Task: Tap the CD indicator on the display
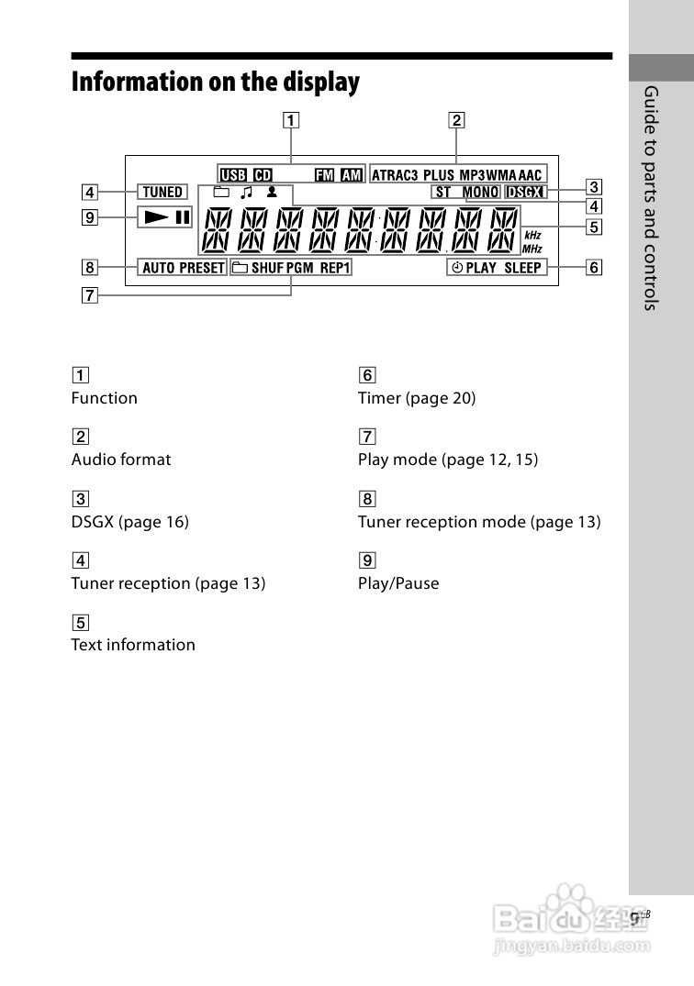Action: [263, 174]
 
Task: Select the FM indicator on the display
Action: [325, 174]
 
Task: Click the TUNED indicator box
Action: [162, 192]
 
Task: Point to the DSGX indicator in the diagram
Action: [526, 193]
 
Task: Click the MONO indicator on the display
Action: [481, 193]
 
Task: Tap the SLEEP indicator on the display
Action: [523, 268]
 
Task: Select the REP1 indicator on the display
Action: [335, 268]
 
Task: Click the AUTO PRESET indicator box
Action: [184, 268]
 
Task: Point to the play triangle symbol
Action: [155, 218]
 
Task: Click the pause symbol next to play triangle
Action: [183, 218]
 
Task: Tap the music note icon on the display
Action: [245, 193]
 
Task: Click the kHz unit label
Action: [532, 236]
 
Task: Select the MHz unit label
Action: [532, 249]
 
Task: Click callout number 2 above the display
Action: [456, 119]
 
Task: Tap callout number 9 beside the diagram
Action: [88, 218]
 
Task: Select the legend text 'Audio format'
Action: [121, 460]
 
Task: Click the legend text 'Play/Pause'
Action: [398, 583]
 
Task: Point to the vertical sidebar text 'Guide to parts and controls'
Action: [651, 197]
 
